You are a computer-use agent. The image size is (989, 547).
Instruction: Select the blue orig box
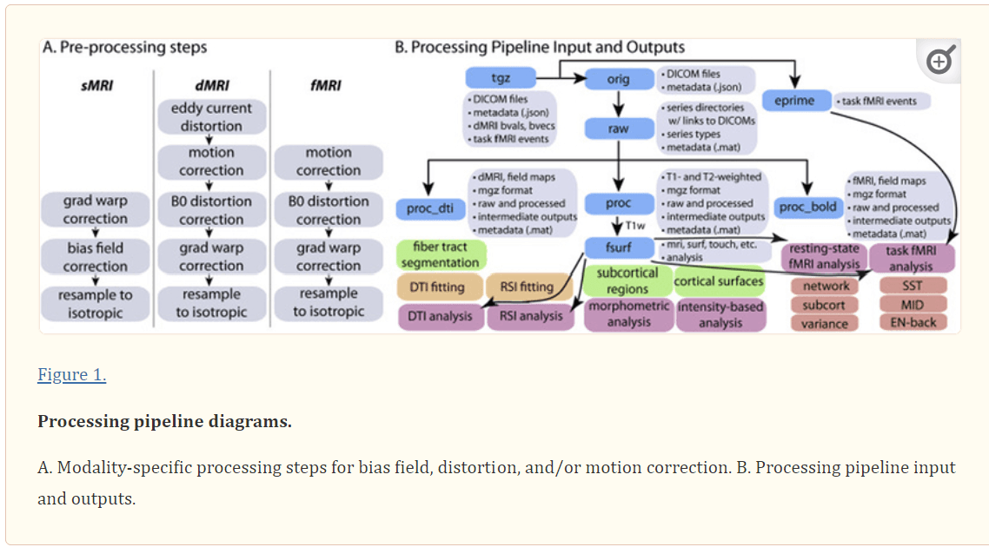[619, 79]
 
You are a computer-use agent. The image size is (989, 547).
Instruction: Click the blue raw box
[619, 129]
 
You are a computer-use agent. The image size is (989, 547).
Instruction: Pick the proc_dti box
[431, 208]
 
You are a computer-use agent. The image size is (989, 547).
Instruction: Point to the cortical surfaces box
[719, 280]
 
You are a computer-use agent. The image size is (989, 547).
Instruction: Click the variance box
[825, 323]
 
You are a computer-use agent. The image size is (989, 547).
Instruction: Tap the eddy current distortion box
[211, 117]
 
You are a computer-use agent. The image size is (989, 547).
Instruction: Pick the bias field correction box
[96, 257]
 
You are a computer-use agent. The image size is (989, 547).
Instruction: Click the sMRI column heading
[96, 85]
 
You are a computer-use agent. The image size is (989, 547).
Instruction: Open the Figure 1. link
[71, 375]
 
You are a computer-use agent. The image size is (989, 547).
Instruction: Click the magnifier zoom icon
[940, 61]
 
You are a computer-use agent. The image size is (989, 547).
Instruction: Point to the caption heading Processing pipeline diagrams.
[164, 422]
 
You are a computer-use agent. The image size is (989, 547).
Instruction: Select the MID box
[912, 304]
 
